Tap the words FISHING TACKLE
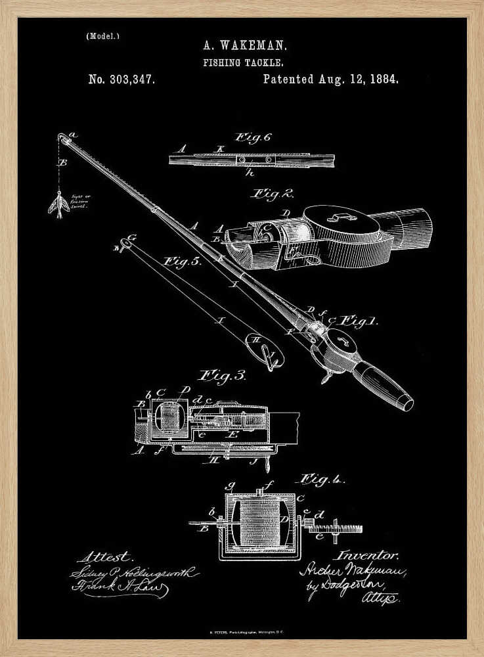(x=242, y=63)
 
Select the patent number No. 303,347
(x=121, y=79)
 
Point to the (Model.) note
(x=103, y=36)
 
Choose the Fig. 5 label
(x=182, y=261)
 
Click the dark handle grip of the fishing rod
(x=382, y=386)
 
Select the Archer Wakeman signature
(x=352, y=571)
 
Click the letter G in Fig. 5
(x=131, y=237)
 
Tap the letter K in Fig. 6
(x=221, y=149)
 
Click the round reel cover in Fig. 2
(x=340, y=221)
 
